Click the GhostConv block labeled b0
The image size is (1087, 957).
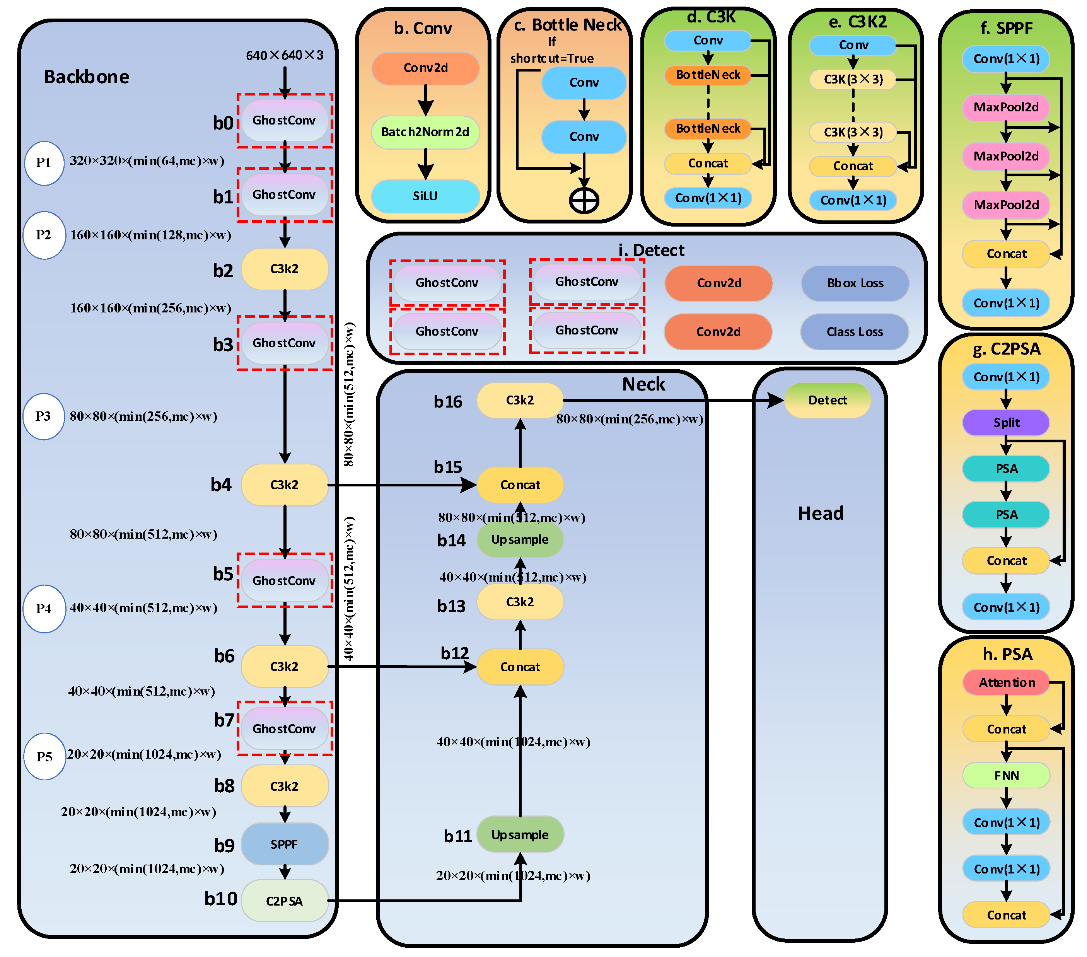(x=285, y=120)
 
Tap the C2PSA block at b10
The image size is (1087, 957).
(x=285, y=901)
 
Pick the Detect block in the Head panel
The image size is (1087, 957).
(x=827, y=400)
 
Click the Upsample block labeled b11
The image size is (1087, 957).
(x=520, y=835)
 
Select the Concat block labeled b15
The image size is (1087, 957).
(x=520, y=485)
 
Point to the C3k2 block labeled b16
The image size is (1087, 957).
(x=520, y=400)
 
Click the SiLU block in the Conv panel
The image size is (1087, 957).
(x=425, y=196)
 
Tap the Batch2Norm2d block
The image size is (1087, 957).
(x=425, y=132)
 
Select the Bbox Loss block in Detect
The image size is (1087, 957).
(x=855, y=283)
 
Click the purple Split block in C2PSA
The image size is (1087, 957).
(x=1006, y=423)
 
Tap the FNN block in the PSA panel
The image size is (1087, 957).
(x=1006, y=776)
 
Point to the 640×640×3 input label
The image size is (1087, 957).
(x=285, y=55)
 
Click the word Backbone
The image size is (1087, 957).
(x=87, y=77)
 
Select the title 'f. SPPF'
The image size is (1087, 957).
(x=1006, y=28)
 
